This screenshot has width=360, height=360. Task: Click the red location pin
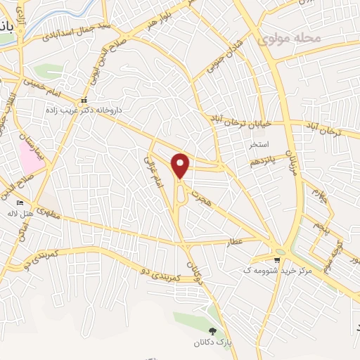181,165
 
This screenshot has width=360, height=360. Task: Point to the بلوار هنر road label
159,20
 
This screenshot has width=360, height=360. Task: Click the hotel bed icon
30,203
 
